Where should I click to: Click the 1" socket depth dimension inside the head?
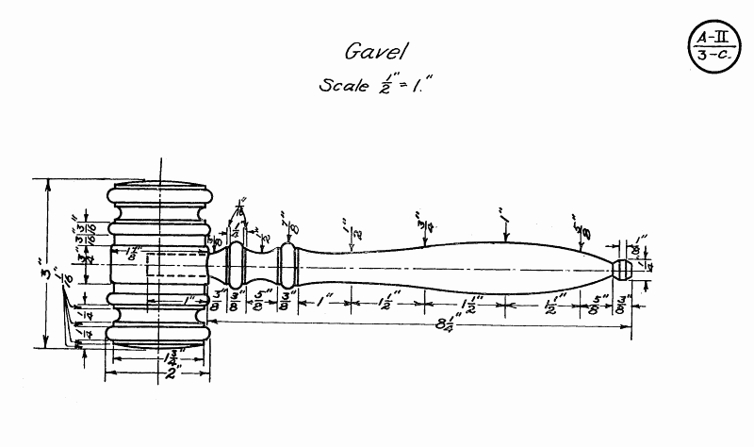coord(188,301)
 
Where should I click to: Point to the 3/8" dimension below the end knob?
coord(621,305)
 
